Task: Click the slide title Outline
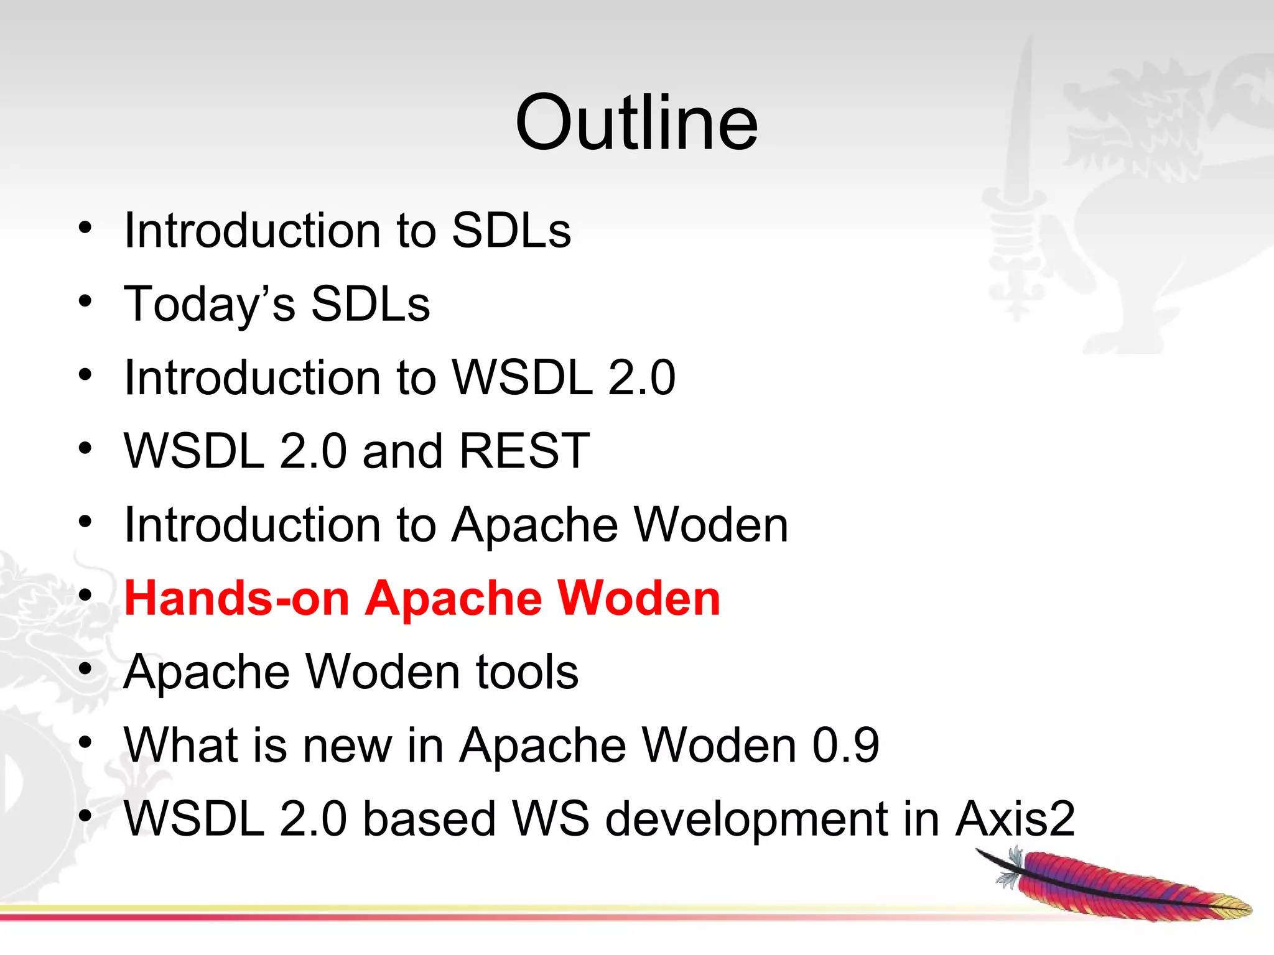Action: click(x=636, y=122)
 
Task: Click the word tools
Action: click(x=527, y=672)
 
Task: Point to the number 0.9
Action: click(x=846, y=745)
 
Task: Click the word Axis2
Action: click(x=1015, y=819)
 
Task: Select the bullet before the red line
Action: click(x=85, y=596)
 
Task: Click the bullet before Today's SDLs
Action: click(x=85, y=302)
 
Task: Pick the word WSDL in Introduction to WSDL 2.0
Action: click(x=523, y=377)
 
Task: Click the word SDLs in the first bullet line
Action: click(x=511, y=231)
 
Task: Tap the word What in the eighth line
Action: click(x=181, y=745)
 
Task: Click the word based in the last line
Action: click(x=429, y=819)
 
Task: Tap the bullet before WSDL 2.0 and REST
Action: click(x=85, y=448)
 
